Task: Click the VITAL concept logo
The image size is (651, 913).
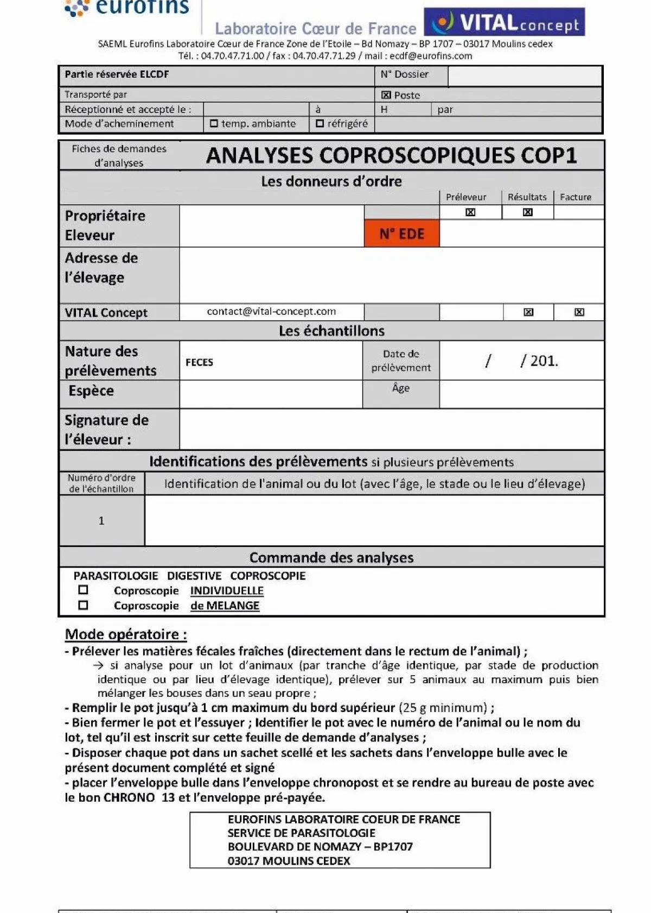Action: coord(504,22)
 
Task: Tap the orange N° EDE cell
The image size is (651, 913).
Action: coord(401,234)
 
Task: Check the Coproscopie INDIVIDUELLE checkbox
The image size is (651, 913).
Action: coord(83,590)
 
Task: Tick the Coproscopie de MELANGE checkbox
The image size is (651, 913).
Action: coord(83,605)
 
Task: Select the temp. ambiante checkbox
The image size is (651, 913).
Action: coord(214,124)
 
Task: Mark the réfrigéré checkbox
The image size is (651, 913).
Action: coord(320,124)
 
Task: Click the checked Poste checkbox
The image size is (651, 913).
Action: coord(386,95)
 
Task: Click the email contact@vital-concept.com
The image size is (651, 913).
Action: coord(271,311)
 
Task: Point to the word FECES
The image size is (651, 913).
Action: coord(199,362)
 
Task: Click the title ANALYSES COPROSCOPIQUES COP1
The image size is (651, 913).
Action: coord(391,156)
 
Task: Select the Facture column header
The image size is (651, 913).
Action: coord(576,197)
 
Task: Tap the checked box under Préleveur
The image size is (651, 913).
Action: coord(470,212)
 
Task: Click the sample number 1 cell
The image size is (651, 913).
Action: coord(101,520)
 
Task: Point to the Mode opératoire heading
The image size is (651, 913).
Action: coord(126,634)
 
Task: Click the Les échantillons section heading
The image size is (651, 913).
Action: coord(331,331)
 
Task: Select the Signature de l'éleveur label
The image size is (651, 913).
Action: coord(106,430)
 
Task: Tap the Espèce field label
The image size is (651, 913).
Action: coord(91,391)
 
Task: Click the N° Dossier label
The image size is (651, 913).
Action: coord(404,74)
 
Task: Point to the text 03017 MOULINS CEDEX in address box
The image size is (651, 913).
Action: coord(289,861)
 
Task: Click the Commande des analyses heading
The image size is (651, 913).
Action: coord(331,558)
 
